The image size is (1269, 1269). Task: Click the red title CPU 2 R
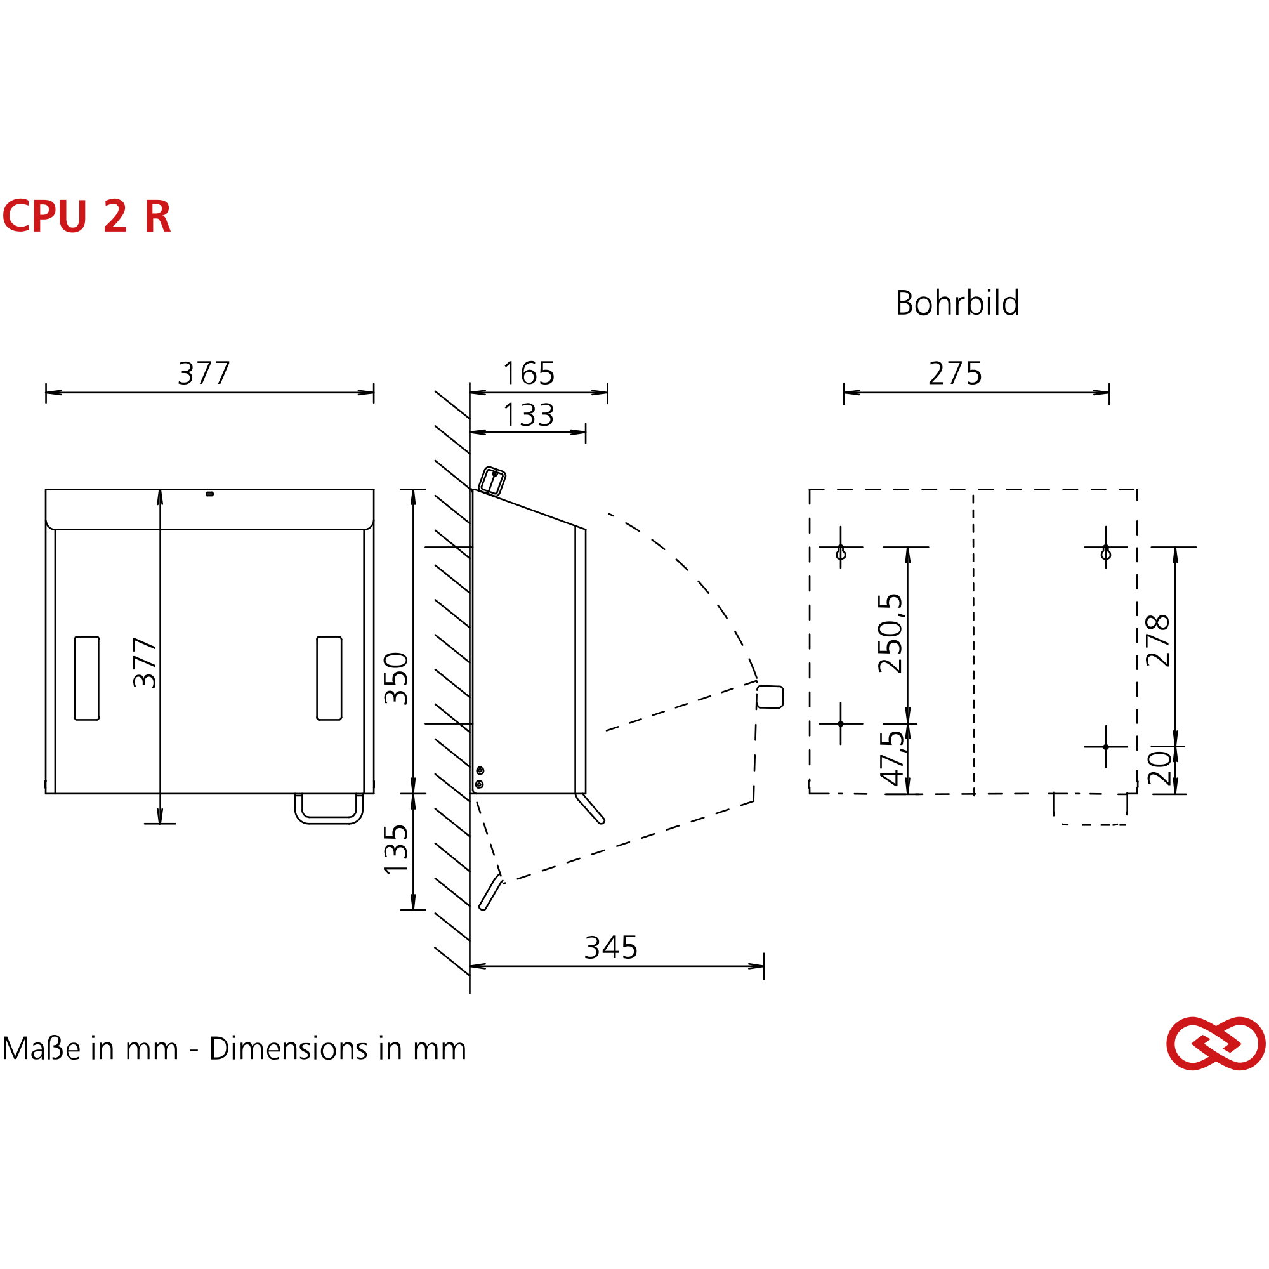[87, 216]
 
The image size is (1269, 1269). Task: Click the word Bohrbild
[957, 303]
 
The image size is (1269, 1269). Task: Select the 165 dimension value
[529, 374]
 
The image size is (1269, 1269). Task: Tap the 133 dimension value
[529, 415]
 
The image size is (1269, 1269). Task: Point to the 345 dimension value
[611, 948]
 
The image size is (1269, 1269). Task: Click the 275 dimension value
[955, 374]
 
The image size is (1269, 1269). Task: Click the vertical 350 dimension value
[396, 678]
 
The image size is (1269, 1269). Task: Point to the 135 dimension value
[396, 850]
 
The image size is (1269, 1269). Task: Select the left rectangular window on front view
[87, 678]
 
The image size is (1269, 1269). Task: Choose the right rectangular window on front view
[329, 678]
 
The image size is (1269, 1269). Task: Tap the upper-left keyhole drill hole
[841, 553]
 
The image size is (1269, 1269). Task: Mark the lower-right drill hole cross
[1106, 747]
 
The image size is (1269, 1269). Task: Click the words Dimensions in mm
[338, 1049]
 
